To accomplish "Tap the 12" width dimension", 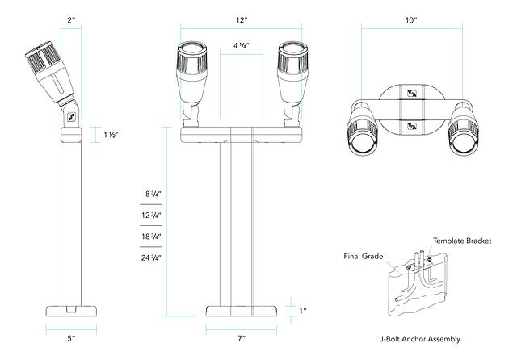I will [x=241, y=18].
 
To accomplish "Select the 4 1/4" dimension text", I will [x=241, y=45].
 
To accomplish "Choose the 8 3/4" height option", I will [x=153, y=195].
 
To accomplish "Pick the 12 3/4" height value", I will [x=152, y=216].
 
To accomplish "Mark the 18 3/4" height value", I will [x=152, y=237].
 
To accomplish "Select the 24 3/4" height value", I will [x=152, y=257].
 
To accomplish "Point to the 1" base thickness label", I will [x=304, y=311].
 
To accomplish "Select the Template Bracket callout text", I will [x=463, y=241].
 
